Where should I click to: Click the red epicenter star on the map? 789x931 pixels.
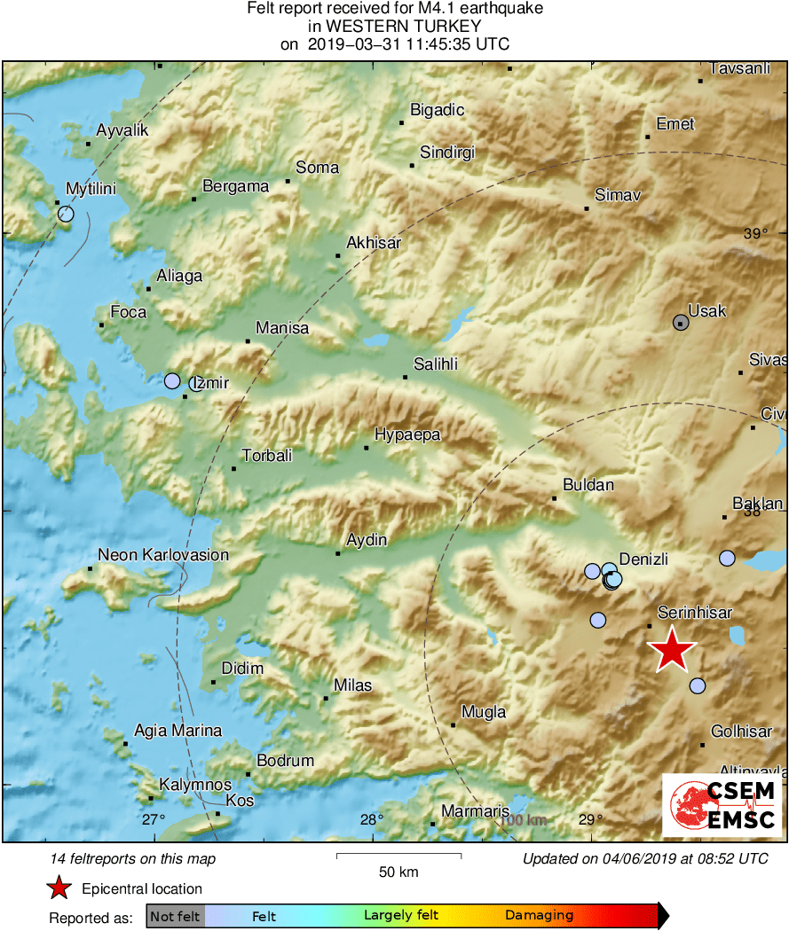672,651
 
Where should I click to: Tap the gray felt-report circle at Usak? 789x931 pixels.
681,323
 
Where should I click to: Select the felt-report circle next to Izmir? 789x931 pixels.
172,381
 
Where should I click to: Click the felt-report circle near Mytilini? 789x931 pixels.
66,214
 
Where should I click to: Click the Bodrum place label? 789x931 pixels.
285,760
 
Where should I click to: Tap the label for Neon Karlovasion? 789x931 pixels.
162,555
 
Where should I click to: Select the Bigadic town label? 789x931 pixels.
437,110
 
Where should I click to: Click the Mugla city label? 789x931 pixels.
484,712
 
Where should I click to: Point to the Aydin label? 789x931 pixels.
366,539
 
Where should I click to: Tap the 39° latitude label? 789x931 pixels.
755,234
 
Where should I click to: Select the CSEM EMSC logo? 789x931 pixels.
722,803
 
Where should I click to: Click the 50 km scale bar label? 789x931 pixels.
398,872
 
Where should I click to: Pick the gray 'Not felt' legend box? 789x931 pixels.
175,916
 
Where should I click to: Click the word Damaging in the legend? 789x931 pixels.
539,915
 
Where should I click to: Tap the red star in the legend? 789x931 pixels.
59,888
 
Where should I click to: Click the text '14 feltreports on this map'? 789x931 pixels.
133,858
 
